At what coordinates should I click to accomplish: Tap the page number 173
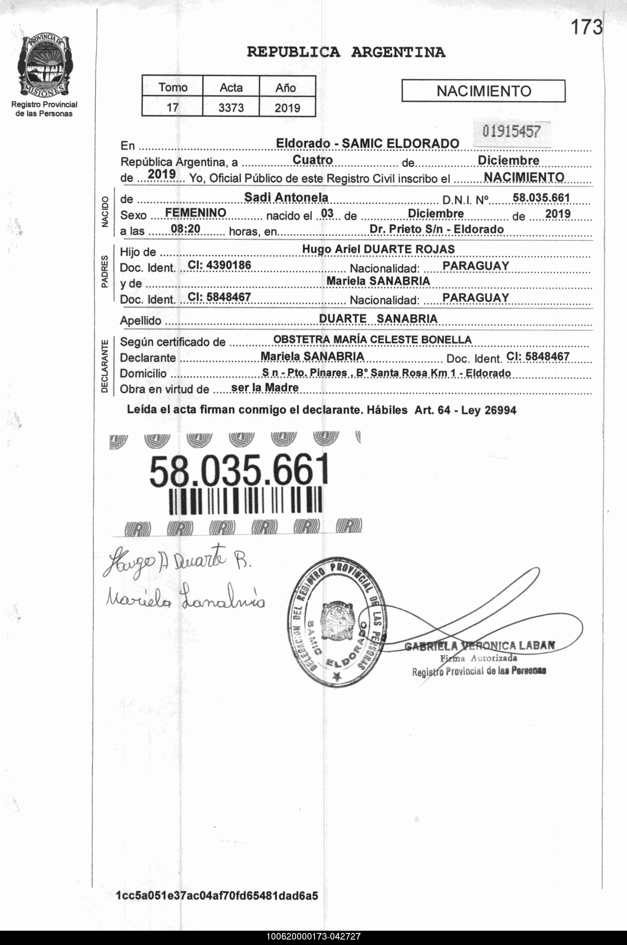[x=586, y=27]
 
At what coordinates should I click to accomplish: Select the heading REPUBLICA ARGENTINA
[x=346, y=52]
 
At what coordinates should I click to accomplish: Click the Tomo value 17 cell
[x=172, y=107]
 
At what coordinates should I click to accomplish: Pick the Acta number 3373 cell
[x=231, y=107]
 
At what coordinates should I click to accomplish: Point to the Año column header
[x=286, y=87]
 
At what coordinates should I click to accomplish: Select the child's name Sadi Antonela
[x=286, y=197]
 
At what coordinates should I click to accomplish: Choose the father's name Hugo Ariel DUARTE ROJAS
[x=378, y=249]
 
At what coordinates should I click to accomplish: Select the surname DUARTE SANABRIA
[x=378, y=319]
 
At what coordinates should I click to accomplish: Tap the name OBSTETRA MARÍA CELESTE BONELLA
[x=372, y=340]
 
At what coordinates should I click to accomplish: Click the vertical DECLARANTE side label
[x=104, y=366]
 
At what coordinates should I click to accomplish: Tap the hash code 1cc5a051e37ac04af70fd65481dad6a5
[x=217, y=896]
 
